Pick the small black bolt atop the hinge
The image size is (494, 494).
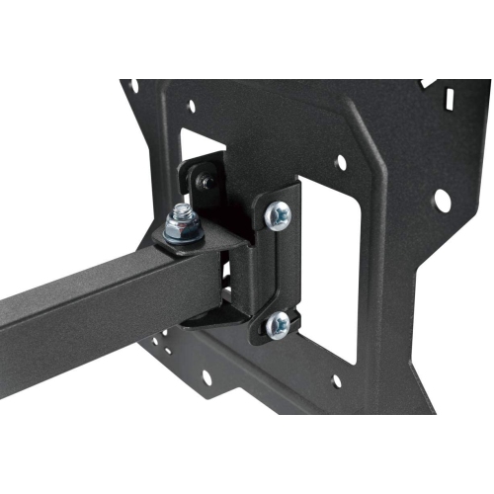[204, 179]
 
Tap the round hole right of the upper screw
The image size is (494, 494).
[341, 160]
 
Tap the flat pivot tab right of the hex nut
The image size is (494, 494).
[222, 234]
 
